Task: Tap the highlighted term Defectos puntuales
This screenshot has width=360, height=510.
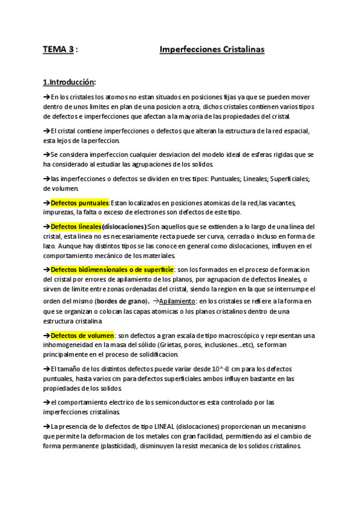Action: pos(79,203)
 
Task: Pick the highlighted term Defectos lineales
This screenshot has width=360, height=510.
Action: pos(76,227)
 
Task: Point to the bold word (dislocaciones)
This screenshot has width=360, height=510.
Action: pos(124,227)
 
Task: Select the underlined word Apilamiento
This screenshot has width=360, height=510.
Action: pos(177,301)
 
